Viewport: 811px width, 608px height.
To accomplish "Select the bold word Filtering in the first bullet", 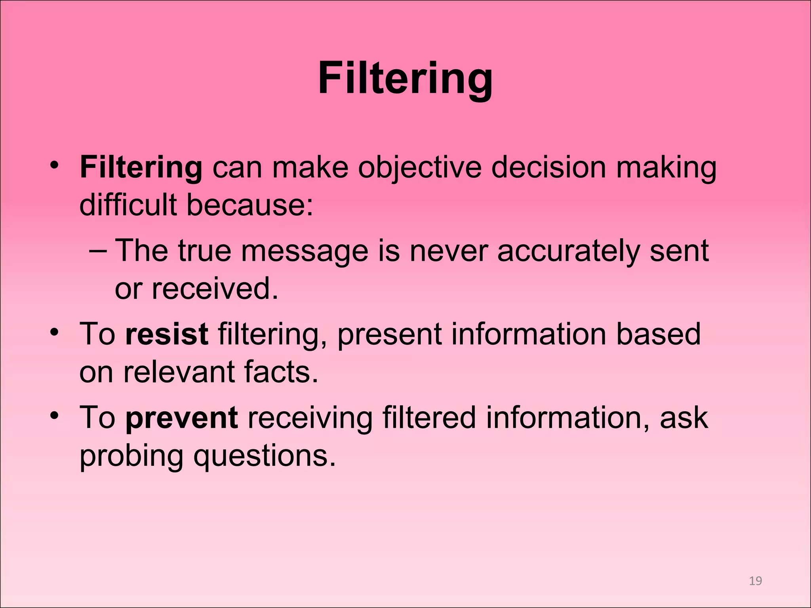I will [141, 167].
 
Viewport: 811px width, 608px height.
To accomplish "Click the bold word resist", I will [166, 334].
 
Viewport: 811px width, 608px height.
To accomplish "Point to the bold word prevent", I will [182, 418].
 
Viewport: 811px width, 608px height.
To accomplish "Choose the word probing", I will [131, 456].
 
